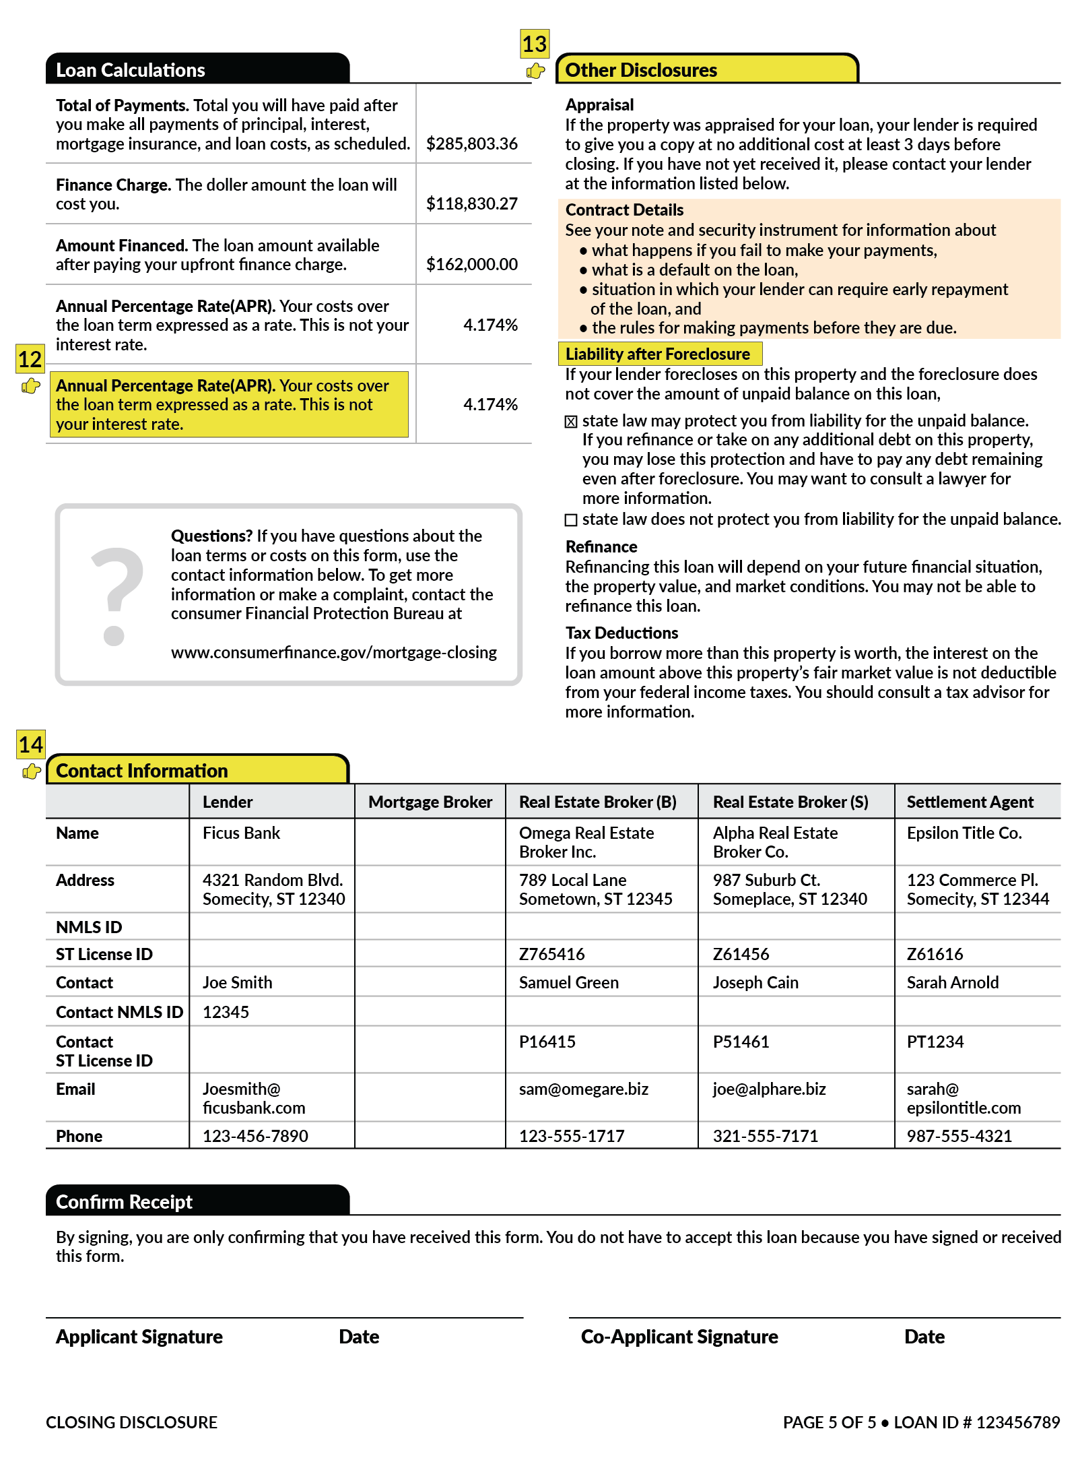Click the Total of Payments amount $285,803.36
point(471,144)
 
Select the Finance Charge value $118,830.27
point(471,203)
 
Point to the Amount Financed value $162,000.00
point(471,264)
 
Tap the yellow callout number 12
point(30,359)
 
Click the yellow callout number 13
point(535,44)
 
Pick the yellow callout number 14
point(30,744)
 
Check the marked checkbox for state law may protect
point(571,422)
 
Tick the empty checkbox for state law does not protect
point(571,520)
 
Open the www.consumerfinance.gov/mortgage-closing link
point(333,652)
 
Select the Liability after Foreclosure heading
point(658,354)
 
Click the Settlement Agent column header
point(970,802)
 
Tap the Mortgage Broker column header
point(430,802)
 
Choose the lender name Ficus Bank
point(241,833)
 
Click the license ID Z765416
point(551,954)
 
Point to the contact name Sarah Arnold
point(952,982)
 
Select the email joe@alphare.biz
point(769,1089)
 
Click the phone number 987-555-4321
point(959,1136)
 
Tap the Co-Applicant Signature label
point(679,1337)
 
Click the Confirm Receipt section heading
point(125,1202)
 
